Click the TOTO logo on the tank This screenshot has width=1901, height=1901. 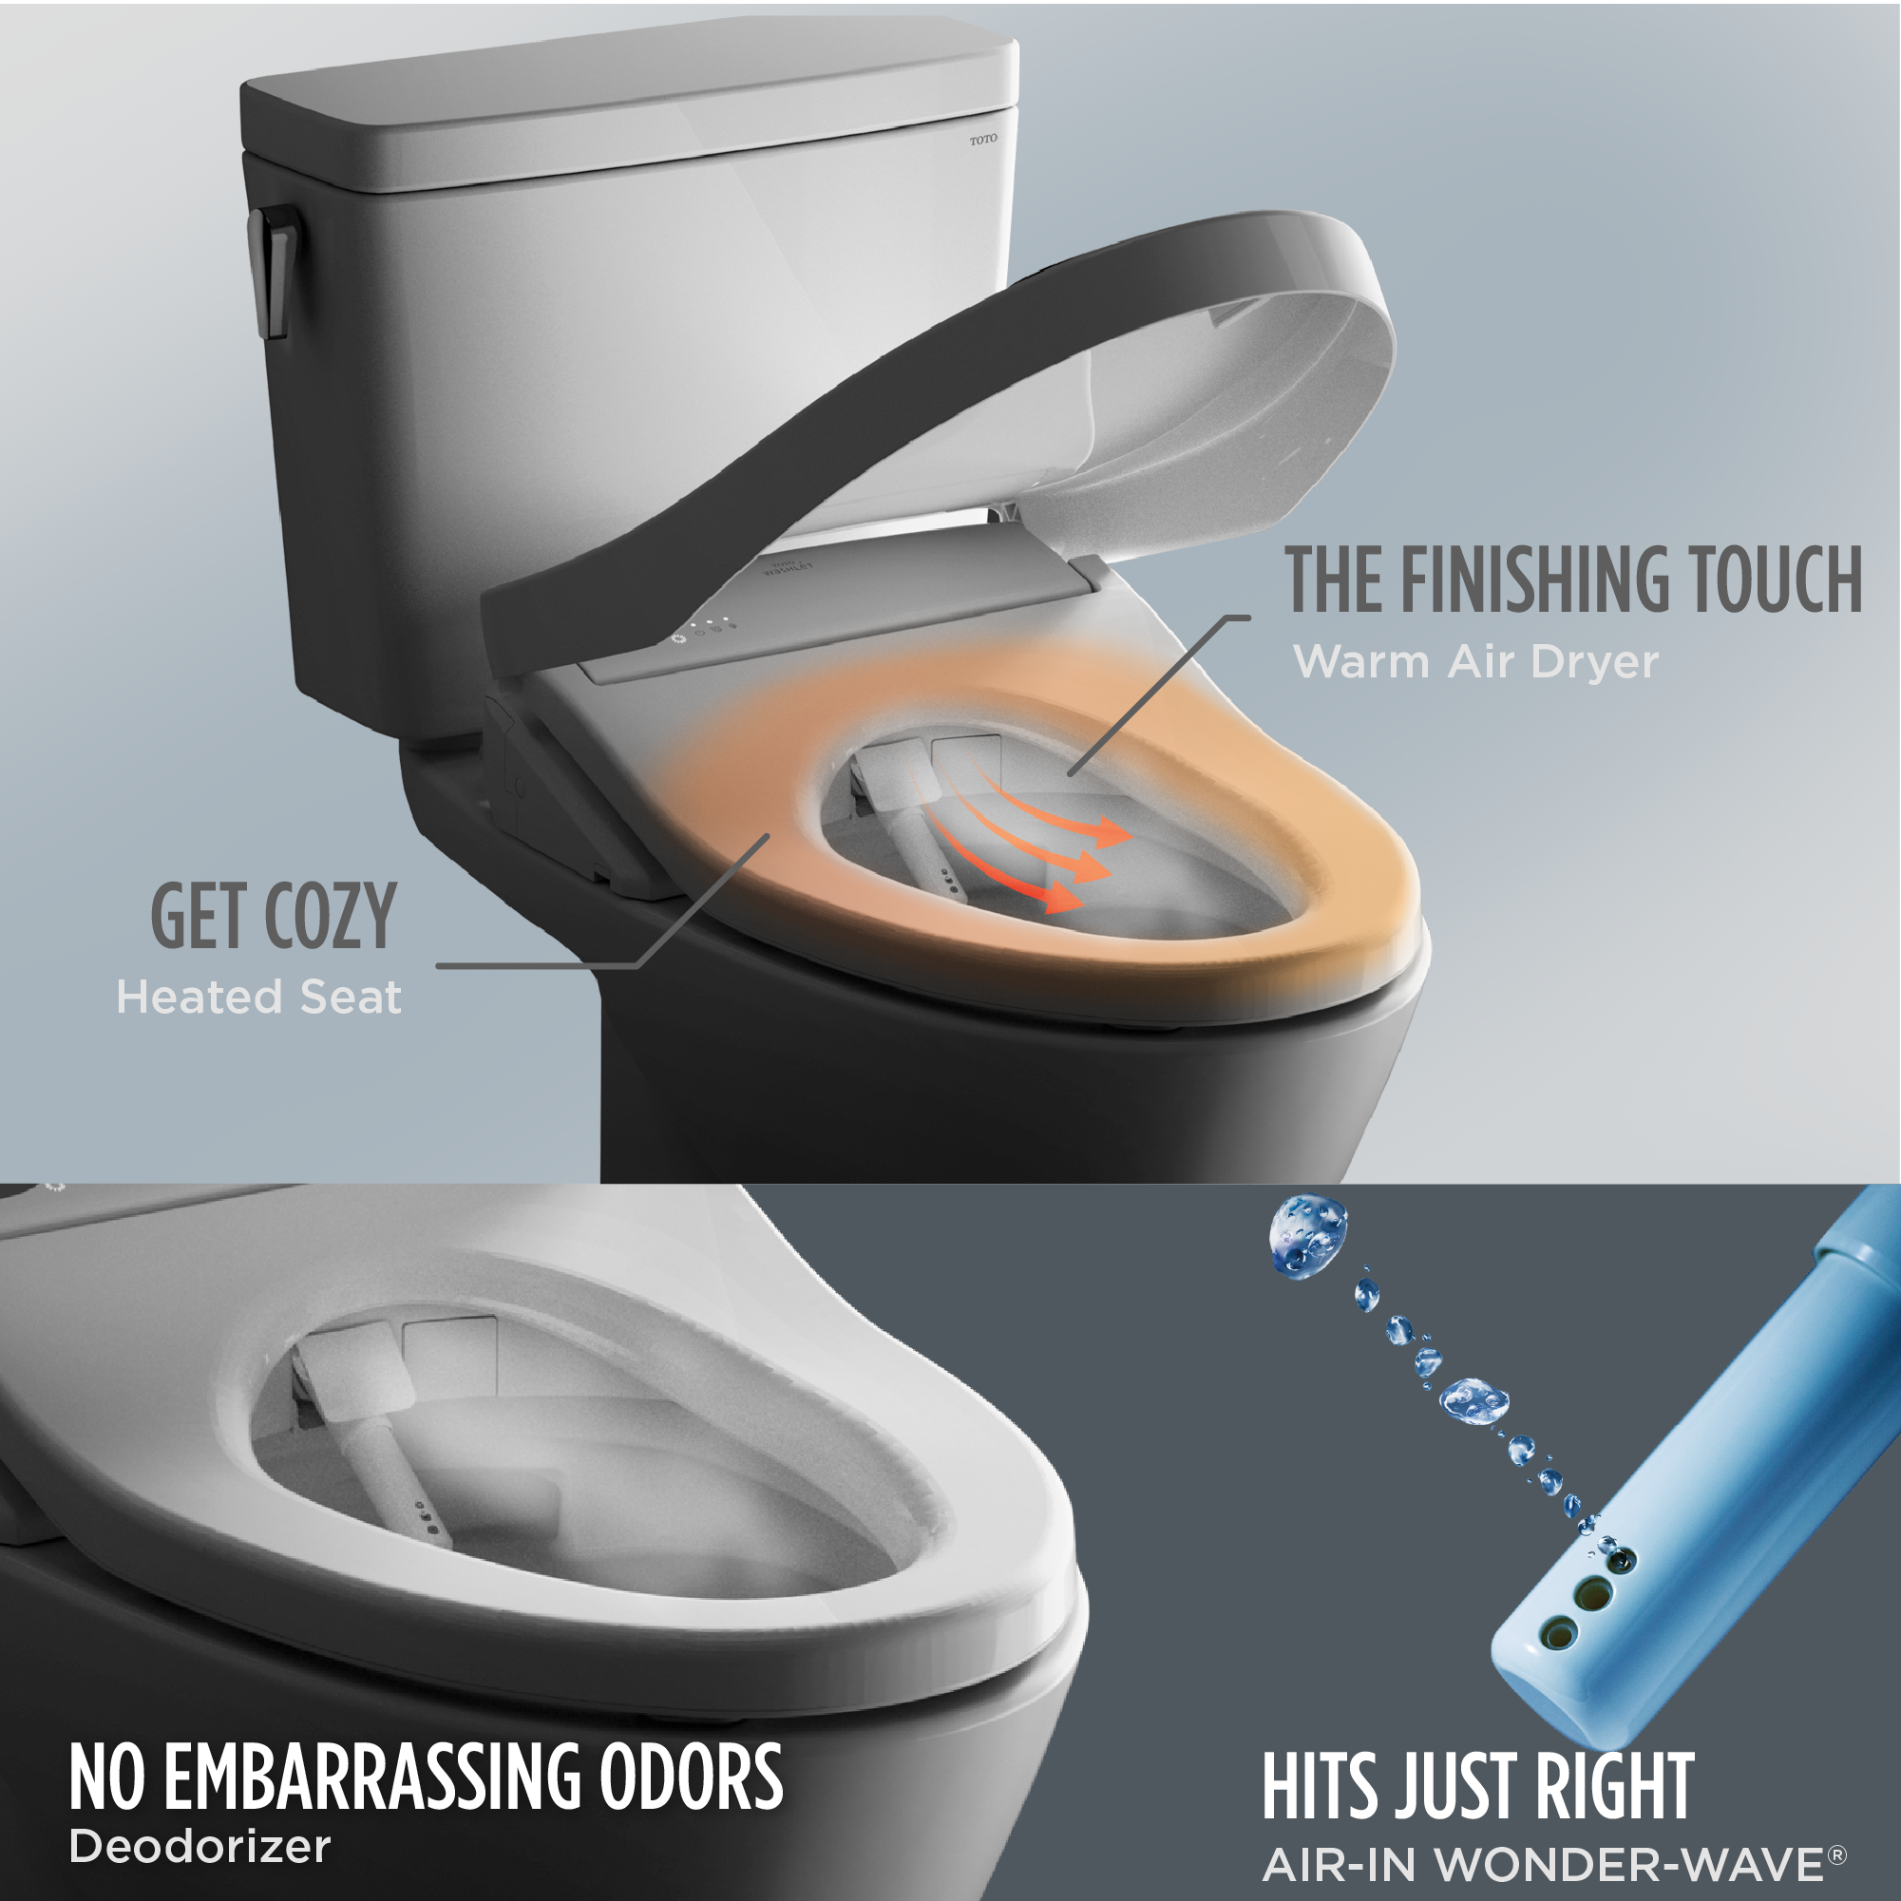pyautogui.click(x=982, y=140)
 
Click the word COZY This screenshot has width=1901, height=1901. pyautogui.click(x=331, y=917)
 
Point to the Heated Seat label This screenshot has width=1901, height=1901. pyautogui.click(x=258, y=998)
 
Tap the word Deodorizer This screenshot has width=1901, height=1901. pyautogui.click(x=200, y=1846)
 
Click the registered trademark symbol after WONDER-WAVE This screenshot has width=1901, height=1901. pyautogui.click(x=1836, y=1854)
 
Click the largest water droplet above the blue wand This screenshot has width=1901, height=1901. pyautogui.click(x=1307, y=1236)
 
